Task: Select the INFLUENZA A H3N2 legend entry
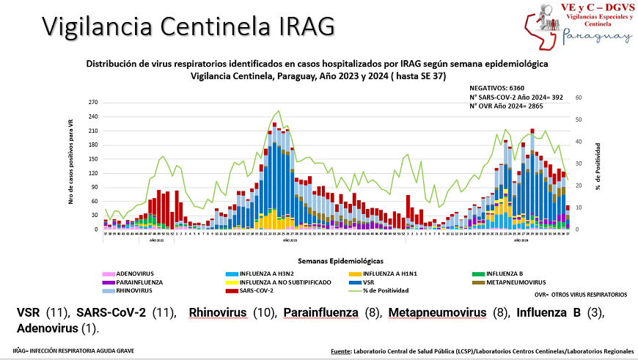[x=272, y=273]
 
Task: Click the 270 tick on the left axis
[x=92, y=103]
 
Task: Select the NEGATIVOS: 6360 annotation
[x=496, y=87]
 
